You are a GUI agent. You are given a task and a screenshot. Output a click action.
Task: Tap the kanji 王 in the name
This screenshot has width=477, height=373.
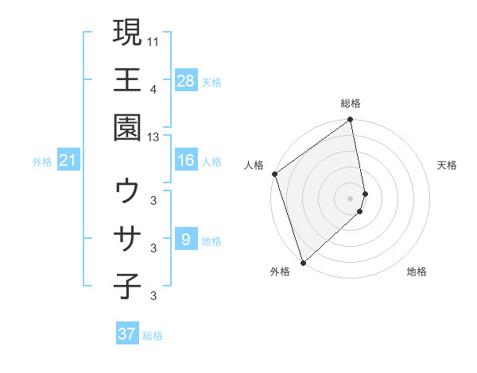pyautogui.click(x=127, y=79)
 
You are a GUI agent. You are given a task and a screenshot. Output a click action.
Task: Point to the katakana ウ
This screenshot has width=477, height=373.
pyautogui.click(x=127, y=191)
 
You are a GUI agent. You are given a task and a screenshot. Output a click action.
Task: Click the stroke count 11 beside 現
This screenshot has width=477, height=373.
pyautogui.click(x=153, y=39)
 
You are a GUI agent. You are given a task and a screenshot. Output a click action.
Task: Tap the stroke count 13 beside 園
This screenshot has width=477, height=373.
pyautogui.click(x=153, y=137)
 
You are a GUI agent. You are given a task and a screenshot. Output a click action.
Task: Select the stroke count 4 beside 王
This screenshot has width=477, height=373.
pyautogui.click(x=153, y=88)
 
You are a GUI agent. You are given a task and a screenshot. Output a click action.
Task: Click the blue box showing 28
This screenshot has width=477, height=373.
pyautogui.click(x=186, y=80)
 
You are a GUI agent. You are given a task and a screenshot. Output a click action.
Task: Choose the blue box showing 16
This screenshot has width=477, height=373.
pyautogui.click(x=186, y=160)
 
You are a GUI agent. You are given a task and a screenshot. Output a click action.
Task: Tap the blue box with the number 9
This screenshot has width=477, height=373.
pyautogui.click(x=186, y=239)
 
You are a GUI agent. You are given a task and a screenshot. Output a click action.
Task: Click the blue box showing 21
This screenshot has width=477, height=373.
pyautogui.click(x=68, y=161)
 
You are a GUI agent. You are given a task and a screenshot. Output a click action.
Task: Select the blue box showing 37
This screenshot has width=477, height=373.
pyautogui.click(x=127, y=334)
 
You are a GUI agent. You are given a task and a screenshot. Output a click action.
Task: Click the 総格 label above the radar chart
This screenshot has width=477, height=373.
pyautogui.click(x=351, y=103)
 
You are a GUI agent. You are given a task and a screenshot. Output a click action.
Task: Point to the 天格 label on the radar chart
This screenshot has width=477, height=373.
pyautogui.click(x=448, y=165)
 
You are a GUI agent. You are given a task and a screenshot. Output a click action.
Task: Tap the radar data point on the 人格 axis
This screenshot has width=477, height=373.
pyautogui.click(x=274, y=174)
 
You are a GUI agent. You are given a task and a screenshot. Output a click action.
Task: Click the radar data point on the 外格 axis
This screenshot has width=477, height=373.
pyautogui.click(x=303, y=262)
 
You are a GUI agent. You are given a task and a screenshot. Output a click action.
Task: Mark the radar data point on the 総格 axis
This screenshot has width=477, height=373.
pyautogui.click(x=351, y=121)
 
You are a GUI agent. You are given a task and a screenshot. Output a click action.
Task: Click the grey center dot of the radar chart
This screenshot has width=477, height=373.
pyautogui.click(x=351, y=198)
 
